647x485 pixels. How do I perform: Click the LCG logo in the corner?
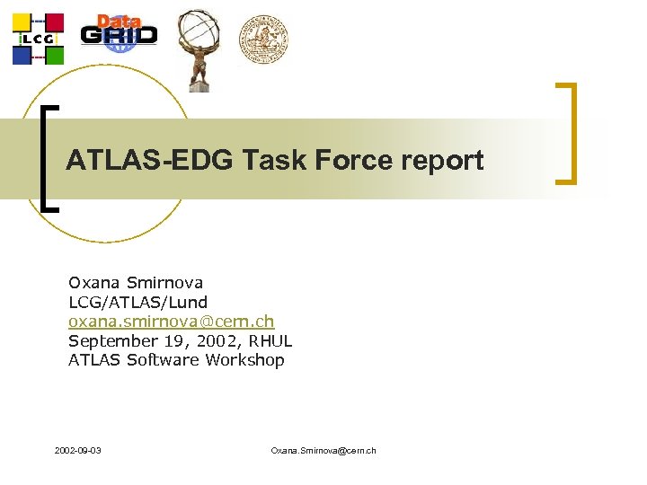38,39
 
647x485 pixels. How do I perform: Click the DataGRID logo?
119,31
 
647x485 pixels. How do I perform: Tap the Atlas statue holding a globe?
198,48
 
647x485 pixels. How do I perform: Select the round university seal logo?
263,38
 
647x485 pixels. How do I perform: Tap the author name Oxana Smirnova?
136,283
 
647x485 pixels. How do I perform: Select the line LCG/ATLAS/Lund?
137,303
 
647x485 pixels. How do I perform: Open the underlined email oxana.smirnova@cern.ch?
171,322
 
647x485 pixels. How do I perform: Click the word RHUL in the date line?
270,341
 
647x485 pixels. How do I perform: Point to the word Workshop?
244,360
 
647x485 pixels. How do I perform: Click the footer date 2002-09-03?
77,449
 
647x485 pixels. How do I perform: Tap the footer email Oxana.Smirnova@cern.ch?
323,449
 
